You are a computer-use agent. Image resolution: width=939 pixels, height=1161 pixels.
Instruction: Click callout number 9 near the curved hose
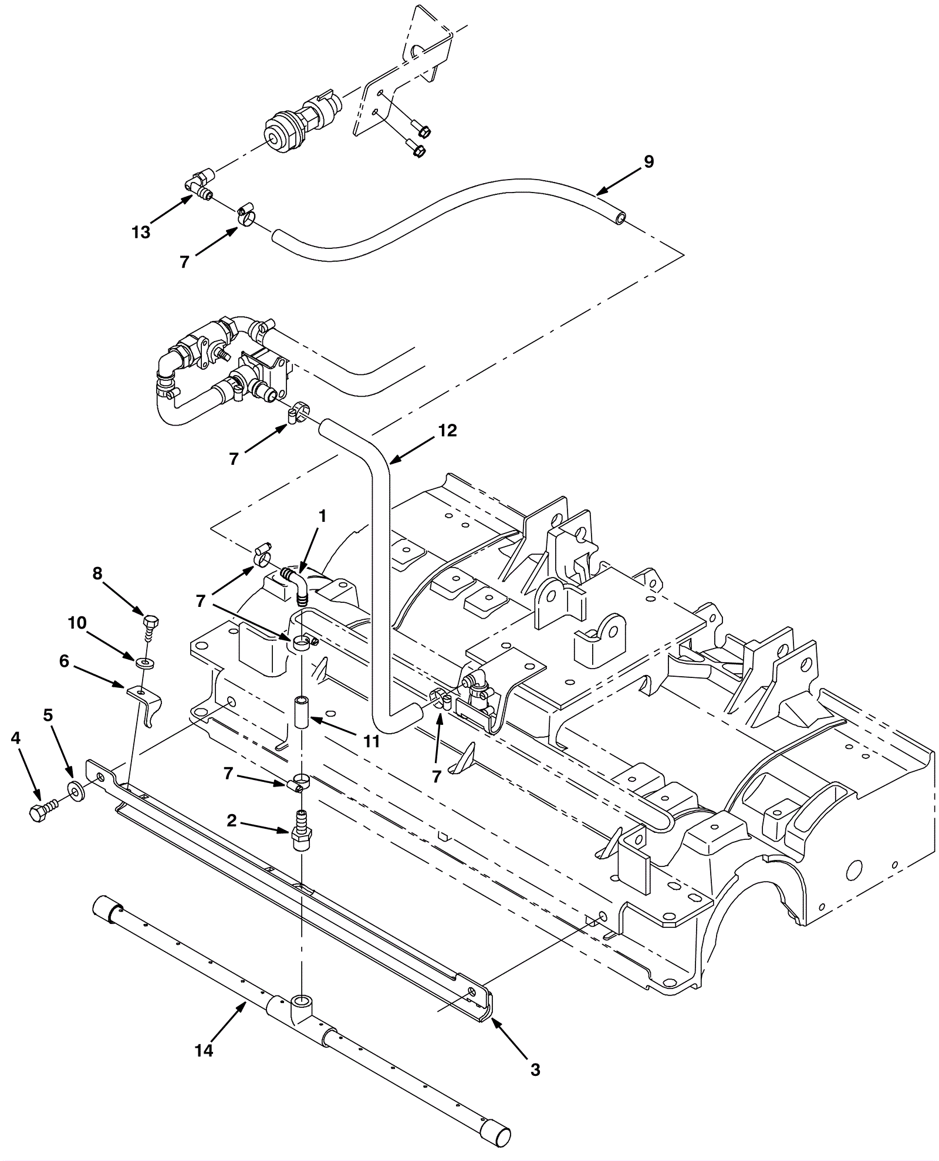[x=648, y=162]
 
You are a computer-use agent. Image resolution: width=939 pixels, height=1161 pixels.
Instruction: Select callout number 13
[x=141, y=232]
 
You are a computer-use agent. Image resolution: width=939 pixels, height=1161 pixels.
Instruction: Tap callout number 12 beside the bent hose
[x=447, y=431]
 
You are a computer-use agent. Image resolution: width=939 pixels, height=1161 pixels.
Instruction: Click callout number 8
[x=97, y=573]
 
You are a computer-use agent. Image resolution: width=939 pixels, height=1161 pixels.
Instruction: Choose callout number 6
[x=64, y=662]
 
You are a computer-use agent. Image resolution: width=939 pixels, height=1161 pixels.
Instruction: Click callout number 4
[x=16, y=738]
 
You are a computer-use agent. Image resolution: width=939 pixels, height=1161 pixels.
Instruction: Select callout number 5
[x=48, y=715]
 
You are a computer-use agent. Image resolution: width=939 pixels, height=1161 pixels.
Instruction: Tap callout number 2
[x=232, y=821]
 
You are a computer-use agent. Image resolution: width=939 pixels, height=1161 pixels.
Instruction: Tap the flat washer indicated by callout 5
[x=76, y=791]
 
